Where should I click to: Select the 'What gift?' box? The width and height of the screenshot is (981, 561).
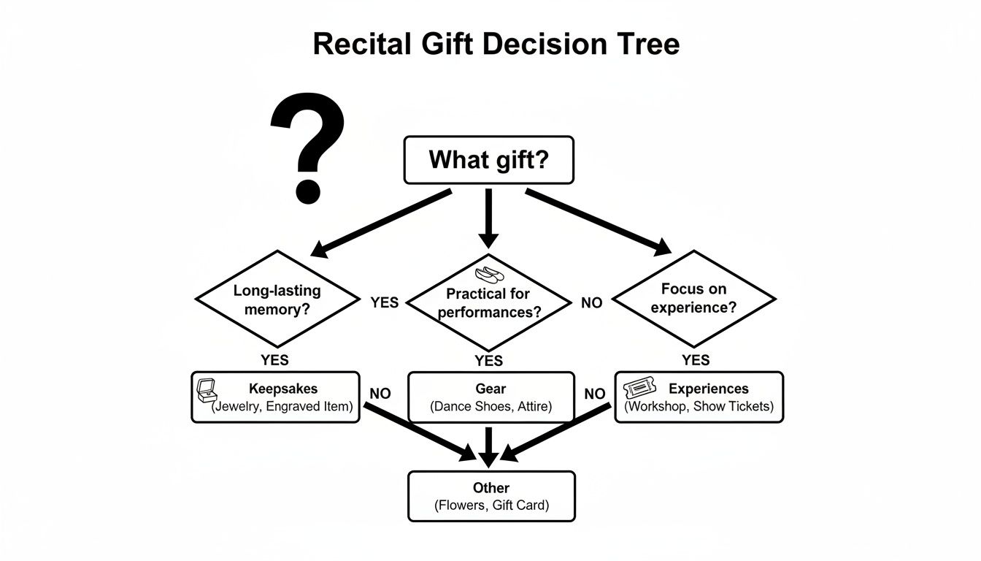click(x=488, y=160)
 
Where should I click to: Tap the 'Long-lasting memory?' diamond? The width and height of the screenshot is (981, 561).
click(x=277, y=299)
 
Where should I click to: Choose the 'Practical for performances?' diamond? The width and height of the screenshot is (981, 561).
click(x=488, y=302)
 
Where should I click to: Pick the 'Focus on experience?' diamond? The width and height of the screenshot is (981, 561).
click(x=693, y=298)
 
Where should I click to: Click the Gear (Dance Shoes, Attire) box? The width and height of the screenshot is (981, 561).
click(x=490, y=397)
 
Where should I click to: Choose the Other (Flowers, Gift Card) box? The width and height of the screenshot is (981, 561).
click(x=491, y=496)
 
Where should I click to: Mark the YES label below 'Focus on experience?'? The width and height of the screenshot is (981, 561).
click(x=695, y=359)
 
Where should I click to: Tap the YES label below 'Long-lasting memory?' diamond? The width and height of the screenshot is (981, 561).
click(x=274, y=359)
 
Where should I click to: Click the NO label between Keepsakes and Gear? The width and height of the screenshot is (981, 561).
click(x=380, y=394)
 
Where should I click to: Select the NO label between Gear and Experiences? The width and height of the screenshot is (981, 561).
click(x=595, y=394)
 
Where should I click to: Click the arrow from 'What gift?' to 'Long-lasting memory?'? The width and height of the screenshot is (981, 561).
click(x=381, y=222)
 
